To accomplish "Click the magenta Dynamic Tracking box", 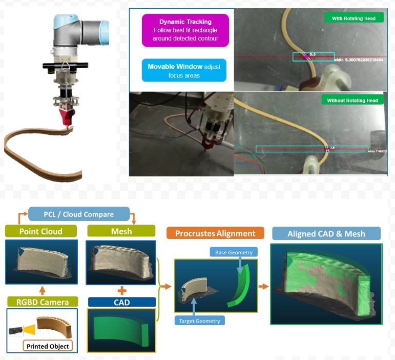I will click(185, 31).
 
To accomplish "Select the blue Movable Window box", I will click(184, 71).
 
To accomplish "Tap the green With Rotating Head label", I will click(354, 18).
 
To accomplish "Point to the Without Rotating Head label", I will click(352, 101).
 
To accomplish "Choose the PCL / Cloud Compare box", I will click(78, 214).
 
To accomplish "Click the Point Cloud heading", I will click(41, 231).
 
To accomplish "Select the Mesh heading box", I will click(121, 231).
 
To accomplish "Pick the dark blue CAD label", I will click(121, 302).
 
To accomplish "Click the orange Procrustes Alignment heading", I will click(215, 233).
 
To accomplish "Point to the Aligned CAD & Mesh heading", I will click(326, 234).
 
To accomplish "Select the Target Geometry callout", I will click(199, 321).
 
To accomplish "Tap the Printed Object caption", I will click(48, 346).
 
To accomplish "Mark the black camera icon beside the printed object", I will click(17, 331).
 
